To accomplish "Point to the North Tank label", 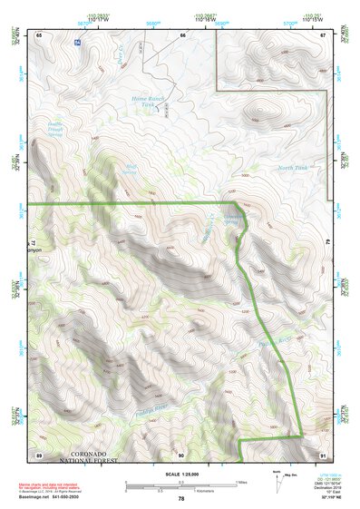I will click(x=293, y=168).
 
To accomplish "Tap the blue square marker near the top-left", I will click(x=77, y=44).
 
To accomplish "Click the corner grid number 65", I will click(x=39, y=34).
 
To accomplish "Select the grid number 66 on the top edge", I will click(x=182, y=34).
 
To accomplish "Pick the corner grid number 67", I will click(x=323, y=34).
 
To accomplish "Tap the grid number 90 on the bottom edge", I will click(x=181, y=454).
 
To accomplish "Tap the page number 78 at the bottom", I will click(x=180, y=499).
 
